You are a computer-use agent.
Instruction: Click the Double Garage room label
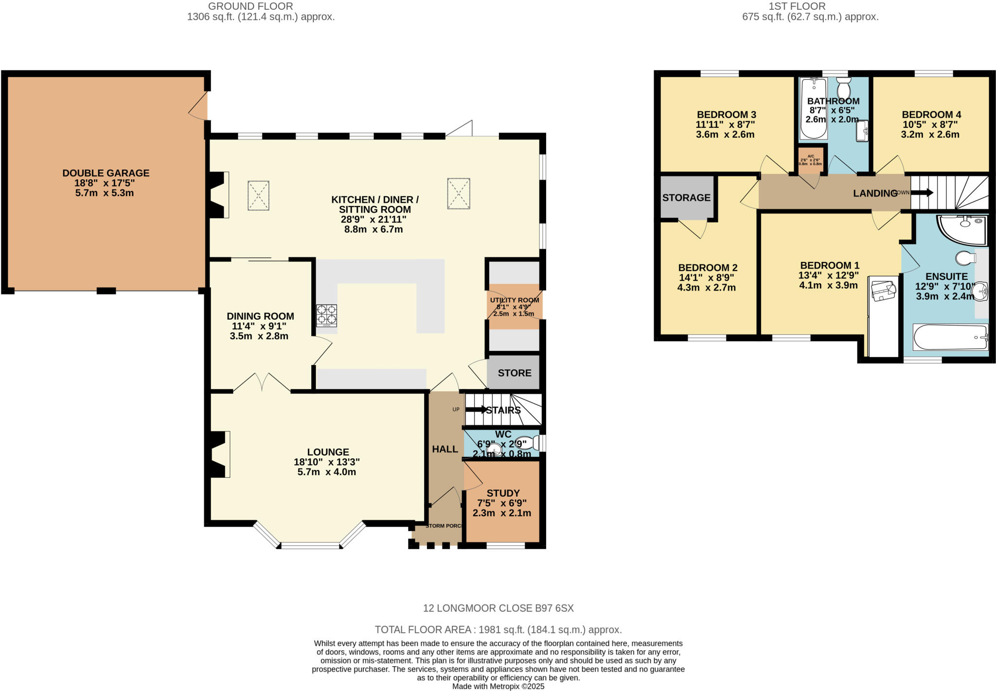coord(106,173)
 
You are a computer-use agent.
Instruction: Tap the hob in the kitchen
coord(326,315)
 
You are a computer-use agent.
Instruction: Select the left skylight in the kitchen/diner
coord(258,195)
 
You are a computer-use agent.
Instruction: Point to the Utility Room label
coord(514,300)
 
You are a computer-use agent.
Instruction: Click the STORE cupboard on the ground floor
coord(514,373)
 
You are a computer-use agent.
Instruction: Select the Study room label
coord(503,493)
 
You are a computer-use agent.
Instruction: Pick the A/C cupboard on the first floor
coord(810,160)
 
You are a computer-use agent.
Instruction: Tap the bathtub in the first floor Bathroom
coord(813,108)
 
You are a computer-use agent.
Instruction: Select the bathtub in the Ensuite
coord(950,337)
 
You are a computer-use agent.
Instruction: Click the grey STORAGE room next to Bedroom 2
coord(686,197)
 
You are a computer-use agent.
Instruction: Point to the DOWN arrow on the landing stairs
coord(922,192)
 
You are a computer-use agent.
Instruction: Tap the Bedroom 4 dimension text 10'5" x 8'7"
coord(930,124)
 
